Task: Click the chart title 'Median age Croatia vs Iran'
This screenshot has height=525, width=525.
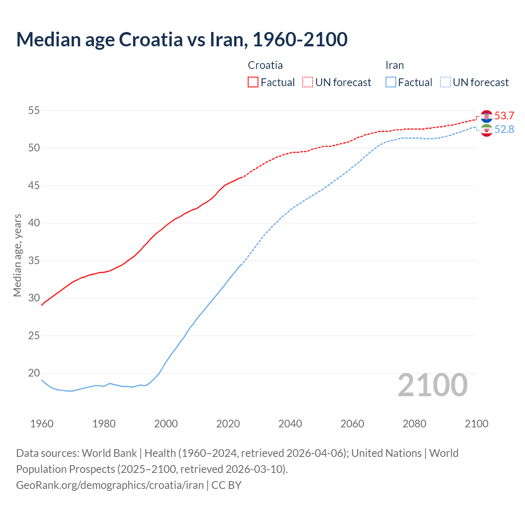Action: (182, 39)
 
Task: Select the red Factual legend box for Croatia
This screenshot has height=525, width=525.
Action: (253, 82)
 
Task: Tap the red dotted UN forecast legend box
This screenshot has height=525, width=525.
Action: (308, 82)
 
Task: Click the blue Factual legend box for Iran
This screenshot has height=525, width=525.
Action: (390, 82)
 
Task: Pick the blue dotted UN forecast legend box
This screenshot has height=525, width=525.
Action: (445, 82)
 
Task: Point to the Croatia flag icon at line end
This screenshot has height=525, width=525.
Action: (486, 116)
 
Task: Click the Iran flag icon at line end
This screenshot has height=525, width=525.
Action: (486, 130)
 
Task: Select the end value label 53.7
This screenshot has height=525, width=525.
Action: (504, 116)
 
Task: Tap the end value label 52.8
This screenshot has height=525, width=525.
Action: (504, 130)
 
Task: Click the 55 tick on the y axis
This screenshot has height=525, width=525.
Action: (34, 110)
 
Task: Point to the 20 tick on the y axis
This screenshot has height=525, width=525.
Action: (34, 373)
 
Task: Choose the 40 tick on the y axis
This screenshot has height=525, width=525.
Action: (34, 223)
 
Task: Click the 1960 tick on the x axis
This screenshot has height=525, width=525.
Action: (42, 424)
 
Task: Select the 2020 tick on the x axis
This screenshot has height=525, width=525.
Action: (228, 424)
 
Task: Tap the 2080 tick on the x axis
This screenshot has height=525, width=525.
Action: (414, 424)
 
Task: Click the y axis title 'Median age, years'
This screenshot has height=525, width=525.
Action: (17, 255)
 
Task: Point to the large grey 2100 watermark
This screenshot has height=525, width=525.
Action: (433, 385)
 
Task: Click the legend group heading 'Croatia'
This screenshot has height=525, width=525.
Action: (265, 65)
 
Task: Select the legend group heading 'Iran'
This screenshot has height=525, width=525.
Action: (395, 65)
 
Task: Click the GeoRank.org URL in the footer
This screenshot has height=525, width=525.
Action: (110, 485)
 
